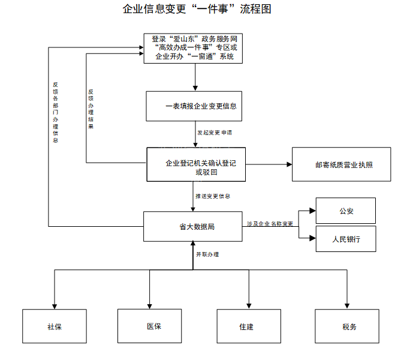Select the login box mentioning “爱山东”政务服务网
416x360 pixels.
tap(195, 48)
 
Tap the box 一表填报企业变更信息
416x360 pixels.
tap(195, 106)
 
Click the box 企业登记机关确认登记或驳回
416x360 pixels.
tap(196, 164)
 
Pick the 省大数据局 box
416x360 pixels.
tap(192, 227)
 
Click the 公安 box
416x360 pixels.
tap(345, 211)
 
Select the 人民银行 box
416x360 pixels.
tap(345, 239)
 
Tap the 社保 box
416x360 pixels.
tap(55, 327)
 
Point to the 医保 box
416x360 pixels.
tap(149, 326)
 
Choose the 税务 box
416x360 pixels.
tap(347, 327)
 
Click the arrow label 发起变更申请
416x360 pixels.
tap(214, 132)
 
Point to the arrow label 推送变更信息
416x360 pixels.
tap(212, 196)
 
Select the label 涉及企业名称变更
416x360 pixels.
tap(270, 224)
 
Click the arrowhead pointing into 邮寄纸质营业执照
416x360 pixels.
tap(288, 164)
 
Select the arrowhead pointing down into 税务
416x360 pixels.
tap(347, 305)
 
